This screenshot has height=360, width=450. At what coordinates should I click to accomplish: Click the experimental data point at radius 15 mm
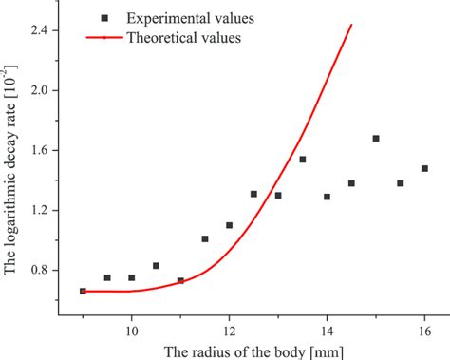pos(376,139)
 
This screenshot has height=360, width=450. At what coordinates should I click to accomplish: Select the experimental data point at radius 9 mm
pos(83,292)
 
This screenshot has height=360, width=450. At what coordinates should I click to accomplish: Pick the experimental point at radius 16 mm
pos(424,168)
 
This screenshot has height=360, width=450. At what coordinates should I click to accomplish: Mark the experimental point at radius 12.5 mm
pos(253,194)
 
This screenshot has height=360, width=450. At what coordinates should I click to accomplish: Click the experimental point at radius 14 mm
pos(327,197)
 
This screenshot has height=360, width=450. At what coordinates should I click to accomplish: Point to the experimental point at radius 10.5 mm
pos(156,266)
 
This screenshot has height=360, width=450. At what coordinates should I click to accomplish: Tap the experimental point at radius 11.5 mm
pos(205,239)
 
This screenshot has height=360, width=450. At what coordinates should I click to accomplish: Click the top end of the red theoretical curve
pos(351,26)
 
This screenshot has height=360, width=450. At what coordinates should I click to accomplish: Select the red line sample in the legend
pos(103,38)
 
